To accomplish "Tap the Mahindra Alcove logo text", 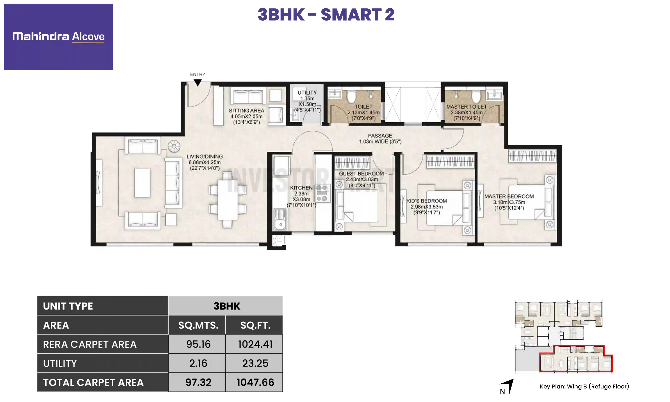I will pyautogui.click(x=58, y=36).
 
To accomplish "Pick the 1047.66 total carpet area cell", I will pyautogui.click(x=255, y=382).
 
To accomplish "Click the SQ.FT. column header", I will pyautogui.click(x=255, y=325).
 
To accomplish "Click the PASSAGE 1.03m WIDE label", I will pyautogui.click(x=380, y=138).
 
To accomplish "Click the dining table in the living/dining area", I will pyautogui.click(x=227, y=200).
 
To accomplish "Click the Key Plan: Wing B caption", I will pyautogui.click(x=584, y=386).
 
